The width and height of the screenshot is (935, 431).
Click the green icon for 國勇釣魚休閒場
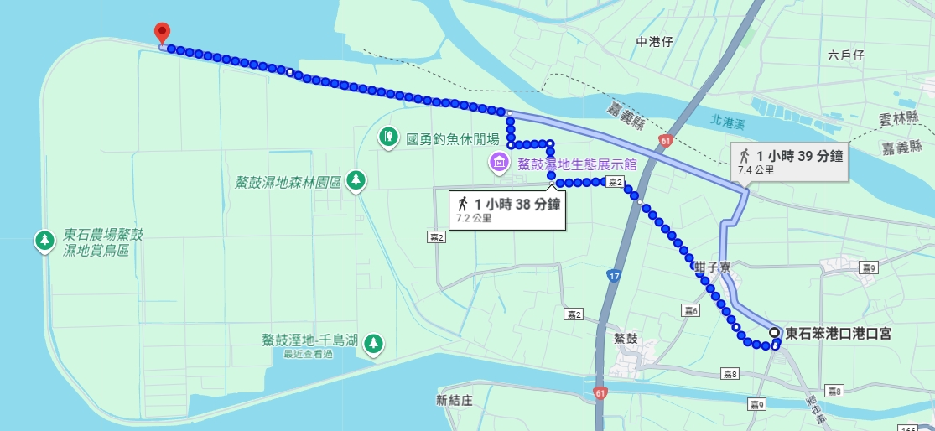[x=388, y=136]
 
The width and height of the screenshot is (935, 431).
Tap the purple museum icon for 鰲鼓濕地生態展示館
[x=499, y=161]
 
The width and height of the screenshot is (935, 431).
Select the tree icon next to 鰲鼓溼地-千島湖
[x=374, y=342]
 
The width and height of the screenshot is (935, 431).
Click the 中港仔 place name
[x=654, y=41]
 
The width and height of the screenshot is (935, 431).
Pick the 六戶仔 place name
[x=845, y=55]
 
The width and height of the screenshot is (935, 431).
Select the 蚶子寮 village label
[x=713, y=266]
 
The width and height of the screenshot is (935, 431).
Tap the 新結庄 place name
[x=455, y=400]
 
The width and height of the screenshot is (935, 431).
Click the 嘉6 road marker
[x=690, y=311]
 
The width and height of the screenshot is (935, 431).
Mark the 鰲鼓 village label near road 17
[x=626, y=339]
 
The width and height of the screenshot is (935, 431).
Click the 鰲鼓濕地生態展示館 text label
[x=575, y=164]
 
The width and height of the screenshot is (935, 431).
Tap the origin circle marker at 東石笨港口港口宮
[x=773, y=332]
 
